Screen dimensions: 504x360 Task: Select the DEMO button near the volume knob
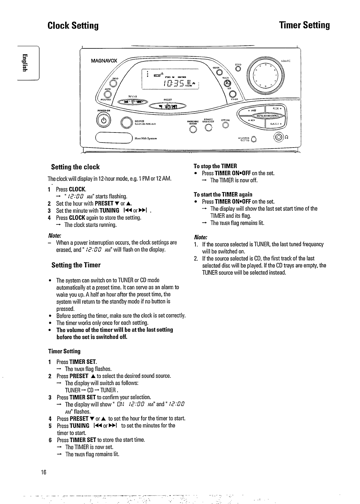point(238,69)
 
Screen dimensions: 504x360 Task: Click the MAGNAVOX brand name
point(104,61)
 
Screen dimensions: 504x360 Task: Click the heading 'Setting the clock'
point(75,167)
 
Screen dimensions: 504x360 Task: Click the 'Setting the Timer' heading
point(76,265)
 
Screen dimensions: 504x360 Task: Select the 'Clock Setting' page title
point(73,26)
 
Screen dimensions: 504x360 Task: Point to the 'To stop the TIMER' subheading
point(215,166)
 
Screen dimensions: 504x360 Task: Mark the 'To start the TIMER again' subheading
point(223,194)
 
